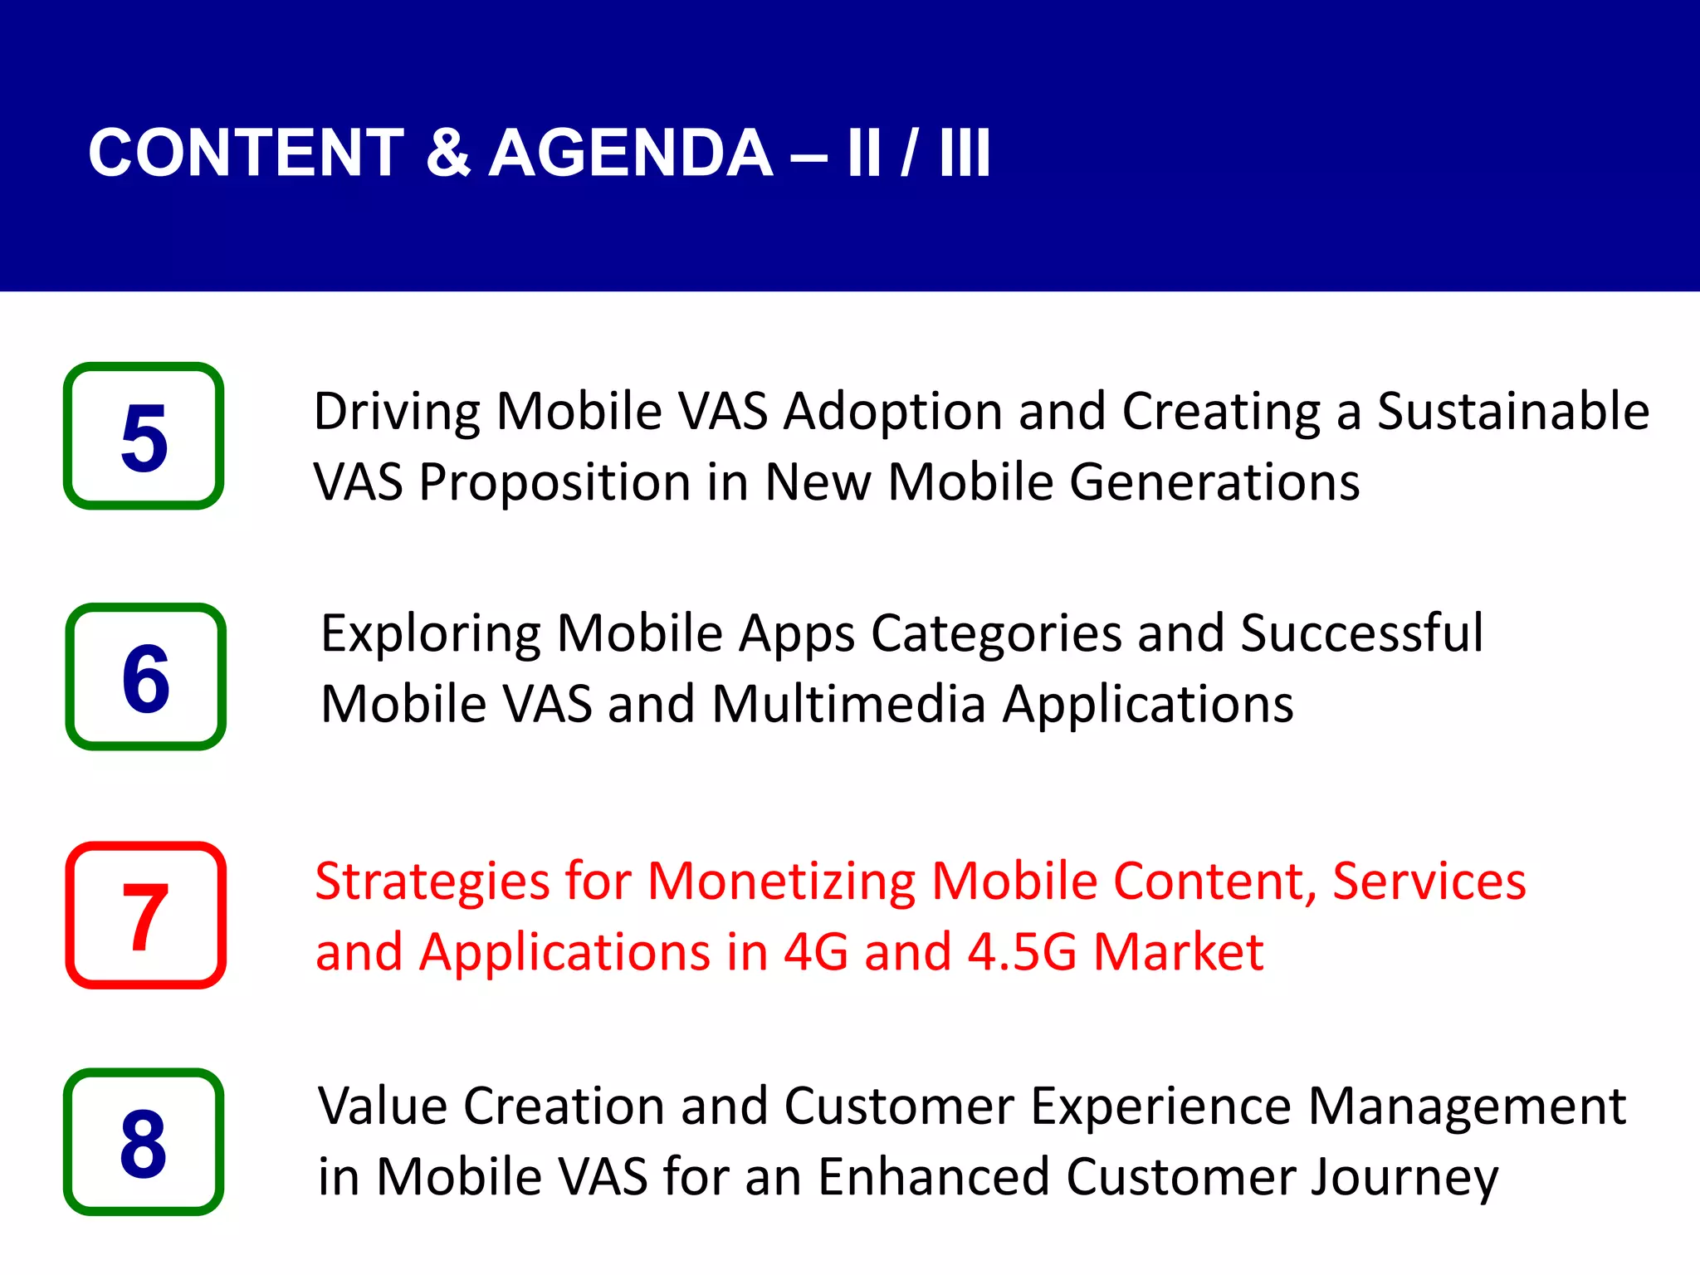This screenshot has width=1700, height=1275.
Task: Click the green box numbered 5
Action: pos(144,436)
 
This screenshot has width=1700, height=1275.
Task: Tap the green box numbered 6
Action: pos(145,677)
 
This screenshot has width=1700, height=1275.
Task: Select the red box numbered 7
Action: pos(145,915)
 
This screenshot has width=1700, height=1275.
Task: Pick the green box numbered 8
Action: pos(144,1142)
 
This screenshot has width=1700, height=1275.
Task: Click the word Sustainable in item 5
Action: pos(1512,411)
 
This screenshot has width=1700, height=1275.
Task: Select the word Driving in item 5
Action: pos(396,413)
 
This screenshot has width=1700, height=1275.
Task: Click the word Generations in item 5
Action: pos(1214,482)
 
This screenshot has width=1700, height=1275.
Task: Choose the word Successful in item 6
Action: pos(1361,633)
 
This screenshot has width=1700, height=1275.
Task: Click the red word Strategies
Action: pos(432,882)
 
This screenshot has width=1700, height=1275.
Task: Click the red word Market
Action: pos(1178,952)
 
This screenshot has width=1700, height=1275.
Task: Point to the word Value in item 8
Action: pos(382,1106)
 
